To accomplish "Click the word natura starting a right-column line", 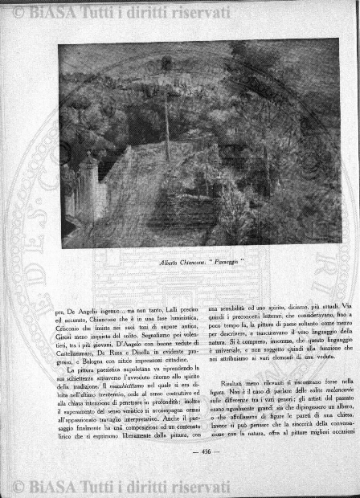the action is [x=219, y=343].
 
